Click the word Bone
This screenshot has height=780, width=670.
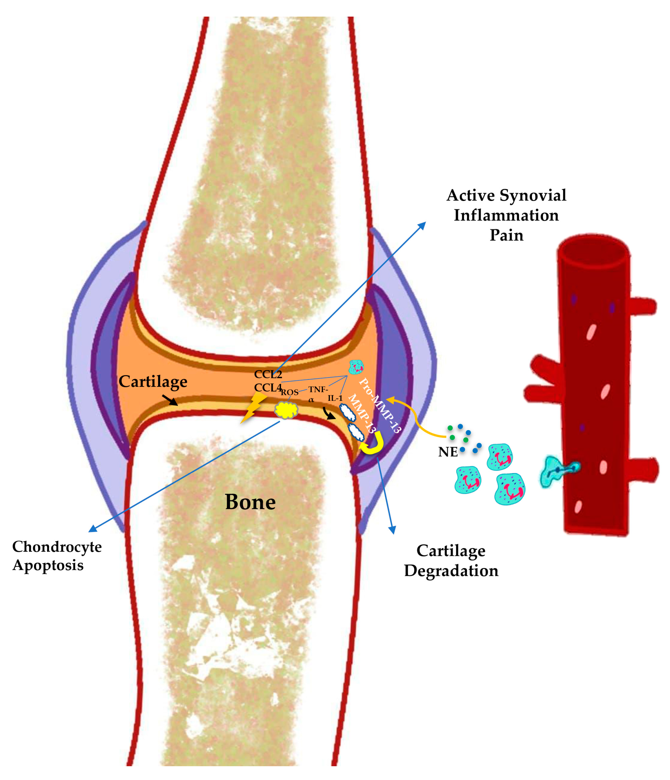point(250,502)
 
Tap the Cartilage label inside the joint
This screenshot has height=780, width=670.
point(153,382)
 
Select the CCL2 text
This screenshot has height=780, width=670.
point(268,374)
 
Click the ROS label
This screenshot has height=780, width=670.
point(290,392)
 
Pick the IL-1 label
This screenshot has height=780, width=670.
point(335,398)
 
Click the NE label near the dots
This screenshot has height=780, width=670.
point(448,452)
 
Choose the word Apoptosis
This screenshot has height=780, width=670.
point(48,566)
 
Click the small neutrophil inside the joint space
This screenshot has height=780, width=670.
point(356,367)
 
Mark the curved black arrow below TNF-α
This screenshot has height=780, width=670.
point(329,413)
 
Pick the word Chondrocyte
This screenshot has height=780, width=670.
point(57,547)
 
